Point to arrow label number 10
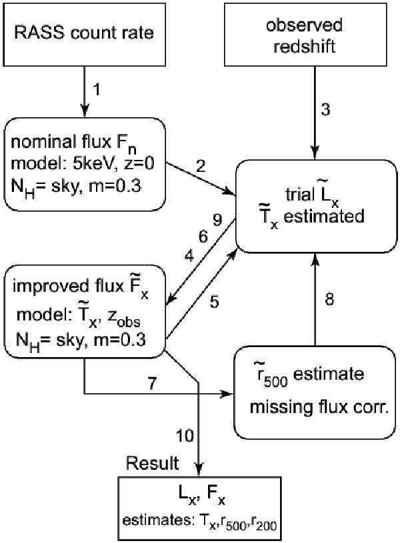183,436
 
